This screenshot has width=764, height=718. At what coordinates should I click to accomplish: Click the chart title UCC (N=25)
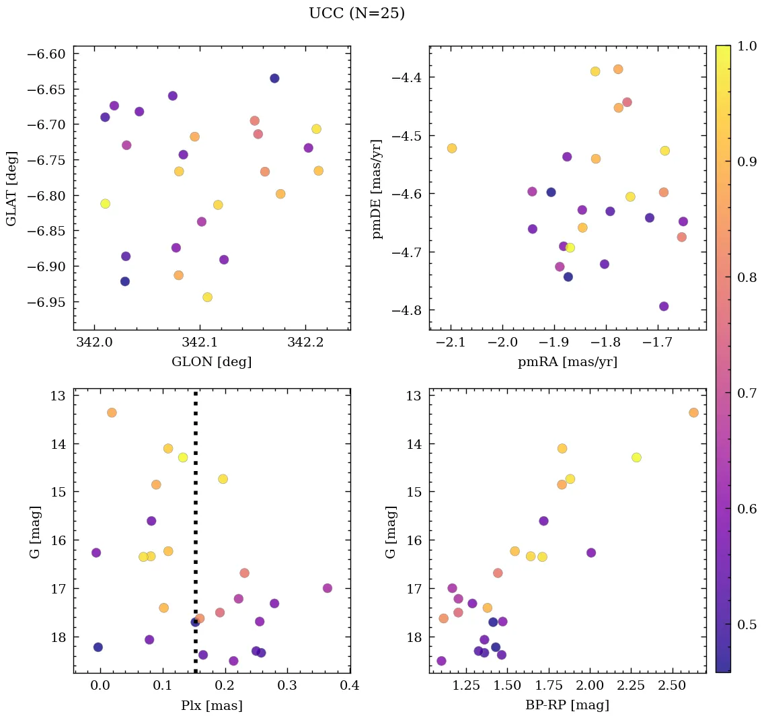(x=356, y=13)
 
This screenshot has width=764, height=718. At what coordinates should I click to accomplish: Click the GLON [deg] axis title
(x=211, y=362)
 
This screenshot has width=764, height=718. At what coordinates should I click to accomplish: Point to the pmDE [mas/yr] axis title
(x=377, y=188)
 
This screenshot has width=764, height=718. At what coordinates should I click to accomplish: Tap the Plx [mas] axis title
(x=211, y=705)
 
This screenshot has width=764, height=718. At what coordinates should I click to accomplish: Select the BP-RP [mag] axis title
(x=568, y=705)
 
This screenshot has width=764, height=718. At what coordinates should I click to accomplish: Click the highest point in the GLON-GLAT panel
(x=274, y=79)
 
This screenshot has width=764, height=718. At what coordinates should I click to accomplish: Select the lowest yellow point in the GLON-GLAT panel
(x=207, y=297)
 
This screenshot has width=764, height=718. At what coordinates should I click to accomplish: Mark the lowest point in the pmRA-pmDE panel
(x=664, y=306)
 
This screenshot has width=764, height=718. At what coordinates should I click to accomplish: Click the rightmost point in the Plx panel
(x=328, y=588)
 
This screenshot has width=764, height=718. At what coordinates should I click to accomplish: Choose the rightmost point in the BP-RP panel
(x=693, y=412)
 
